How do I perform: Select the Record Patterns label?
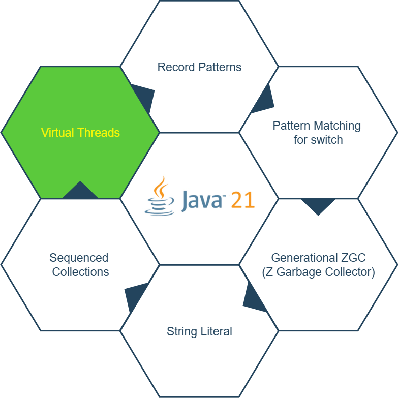[199, 67]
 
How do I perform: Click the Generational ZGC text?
[318, 257]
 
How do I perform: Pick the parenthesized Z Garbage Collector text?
[318, 272]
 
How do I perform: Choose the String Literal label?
[199, 331]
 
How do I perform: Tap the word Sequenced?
[79, 258]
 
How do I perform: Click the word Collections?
[80, 272]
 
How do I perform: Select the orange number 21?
[242, 199]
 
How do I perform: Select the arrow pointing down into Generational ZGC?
[318, 205]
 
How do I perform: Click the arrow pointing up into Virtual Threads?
[80, 191]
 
